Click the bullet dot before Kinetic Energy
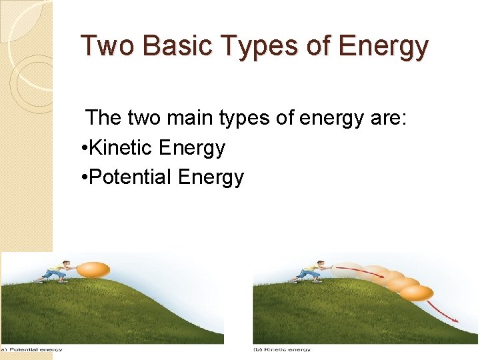tap(82, 148)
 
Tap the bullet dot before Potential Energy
tap(82, 177)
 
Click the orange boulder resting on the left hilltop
tap(93, 270)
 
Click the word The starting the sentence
tap(103, 118)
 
